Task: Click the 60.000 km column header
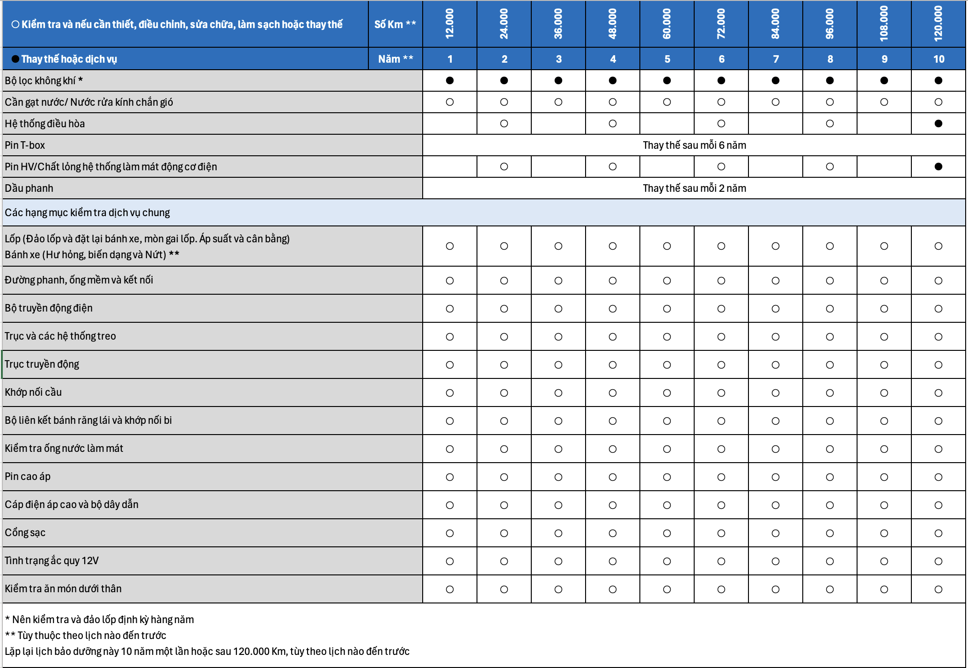point(667,24)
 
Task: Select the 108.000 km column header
point(884,24)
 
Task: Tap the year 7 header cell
point(776,59)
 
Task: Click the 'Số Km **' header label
point(395,24)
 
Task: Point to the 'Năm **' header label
point(396,59)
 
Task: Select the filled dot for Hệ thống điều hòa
point(938,123)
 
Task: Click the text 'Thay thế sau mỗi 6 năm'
point(694,145)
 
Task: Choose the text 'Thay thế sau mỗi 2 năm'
point(694,188)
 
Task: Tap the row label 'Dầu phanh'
point(29,188)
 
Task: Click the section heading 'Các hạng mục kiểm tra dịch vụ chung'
point(88,212)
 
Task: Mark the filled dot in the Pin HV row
point(938,167)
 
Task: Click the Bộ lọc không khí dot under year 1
point(449,80)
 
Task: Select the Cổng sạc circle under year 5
point(667,533)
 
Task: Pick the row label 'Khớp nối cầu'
point(33,392)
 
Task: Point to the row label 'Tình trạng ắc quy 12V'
point(51,560)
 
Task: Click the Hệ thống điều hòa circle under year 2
point(504,123)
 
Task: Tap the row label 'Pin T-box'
point(25,145)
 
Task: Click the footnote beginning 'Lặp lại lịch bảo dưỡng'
point(207,651)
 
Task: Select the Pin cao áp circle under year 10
point(938,477)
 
